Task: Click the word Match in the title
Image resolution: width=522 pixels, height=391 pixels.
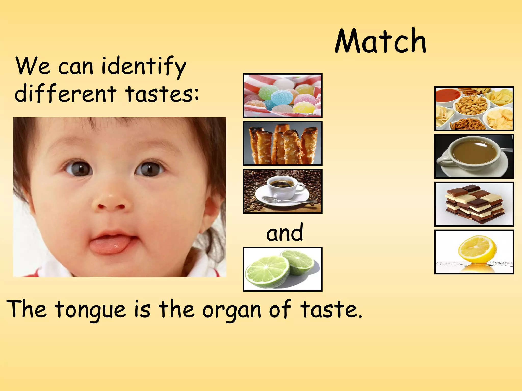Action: pos(380,41)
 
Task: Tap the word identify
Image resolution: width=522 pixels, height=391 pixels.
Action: pos(144,66)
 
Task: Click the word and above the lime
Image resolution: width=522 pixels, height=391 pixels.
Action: pos(284,232)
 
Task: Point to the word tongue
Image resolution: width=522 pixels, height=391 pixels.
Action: pos(90,310)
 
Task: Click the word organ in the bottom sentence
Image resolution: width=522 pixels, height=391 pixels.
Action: pos(232,310)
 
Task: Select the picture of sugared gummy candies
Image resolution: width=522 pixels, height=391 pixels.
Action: pos(283,95)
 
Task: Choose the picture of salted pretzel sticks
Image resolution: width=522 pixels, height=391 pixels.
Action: pos(283,143)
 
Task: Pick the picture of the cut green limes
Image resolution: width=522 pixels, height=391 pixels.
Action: pos(283,269)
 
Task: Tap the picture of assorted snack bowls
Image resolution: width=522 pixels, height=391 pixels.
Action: pos(474,108)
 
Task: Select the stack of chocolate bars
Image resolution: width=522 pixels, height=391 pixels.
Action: pos(474,204)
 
